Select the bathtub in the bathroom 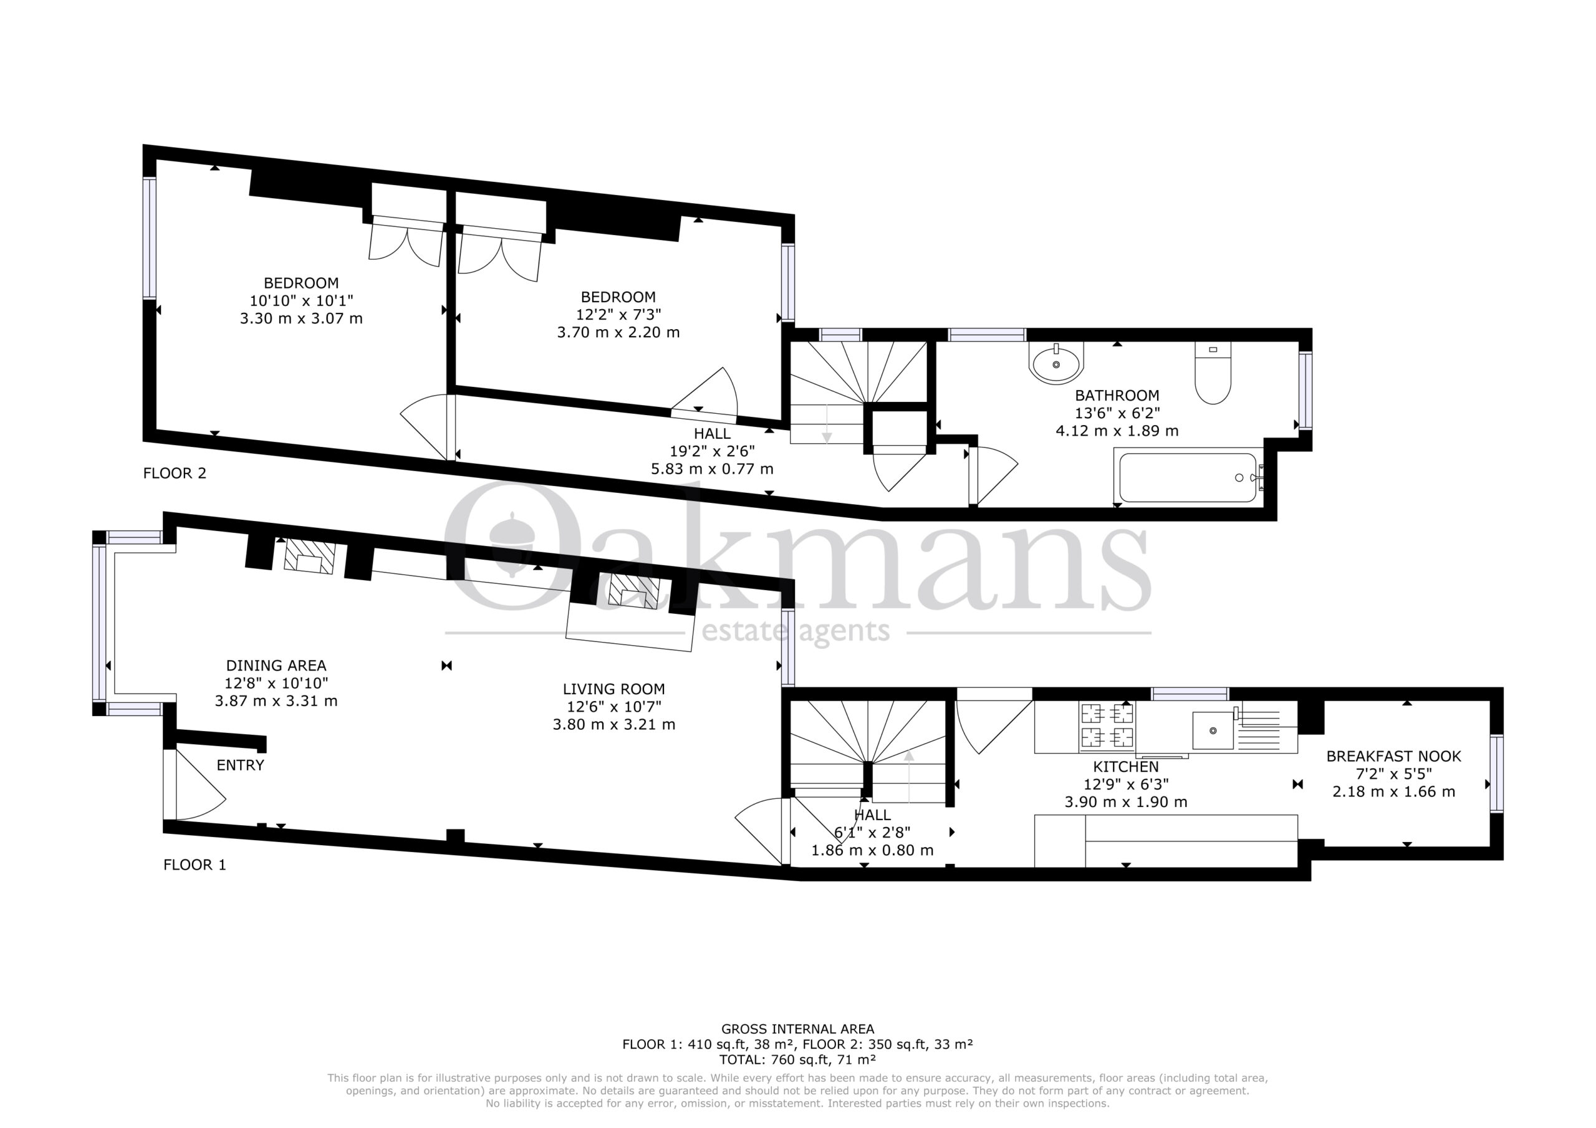pos(1188,477)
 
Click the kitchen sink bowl pos(1213,730)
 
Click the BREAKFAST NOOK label pos(1394,756)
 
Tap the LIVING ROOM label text pos(614,689)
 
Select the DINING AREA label pos(276,665)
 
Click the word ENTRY pos(241,765)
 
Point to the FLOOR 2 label pos(175,473)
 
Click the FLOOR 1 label pos(195,864)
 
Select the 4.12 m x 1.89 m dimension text pos(1117,430)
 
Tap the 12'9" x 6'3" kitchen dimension pos(1126,784)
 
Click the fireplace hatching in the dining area pos(309,556)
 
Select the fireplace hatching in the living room pos(634,591)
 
